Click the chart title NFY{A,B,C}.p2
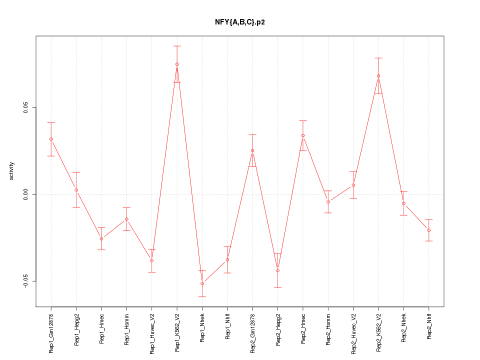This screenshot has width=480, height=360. point(239,22)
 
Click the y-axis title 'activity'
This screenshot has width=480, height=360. point(12,171)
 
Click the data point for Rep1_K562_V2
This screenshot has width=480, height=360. point(177,64)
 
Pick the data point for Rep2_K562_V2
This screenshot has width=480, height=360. point(378,76)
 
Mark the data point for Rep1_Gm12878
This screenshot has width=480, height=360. point(51,139)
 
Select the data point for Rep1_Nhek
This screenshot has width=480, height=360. point(202,283)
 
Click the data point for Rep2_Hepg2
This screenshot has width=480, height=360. point(277,270)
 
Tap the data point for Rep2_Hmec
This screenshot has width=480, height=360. point(303,135)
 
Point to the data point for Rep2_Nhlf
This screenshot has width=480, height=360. point(429,230)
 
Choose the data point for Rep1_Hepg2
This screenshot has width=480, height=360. point(76,190)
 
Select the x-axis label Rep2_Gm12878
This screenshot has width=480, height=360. point(252,333)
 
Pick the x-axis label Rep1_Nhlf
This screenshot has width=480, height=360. point(227,327)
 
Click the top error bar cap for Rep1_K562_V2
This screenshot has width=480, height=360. point(177,46)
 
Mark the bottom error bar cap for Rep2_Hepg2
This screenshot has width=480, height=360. point(277,287)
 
